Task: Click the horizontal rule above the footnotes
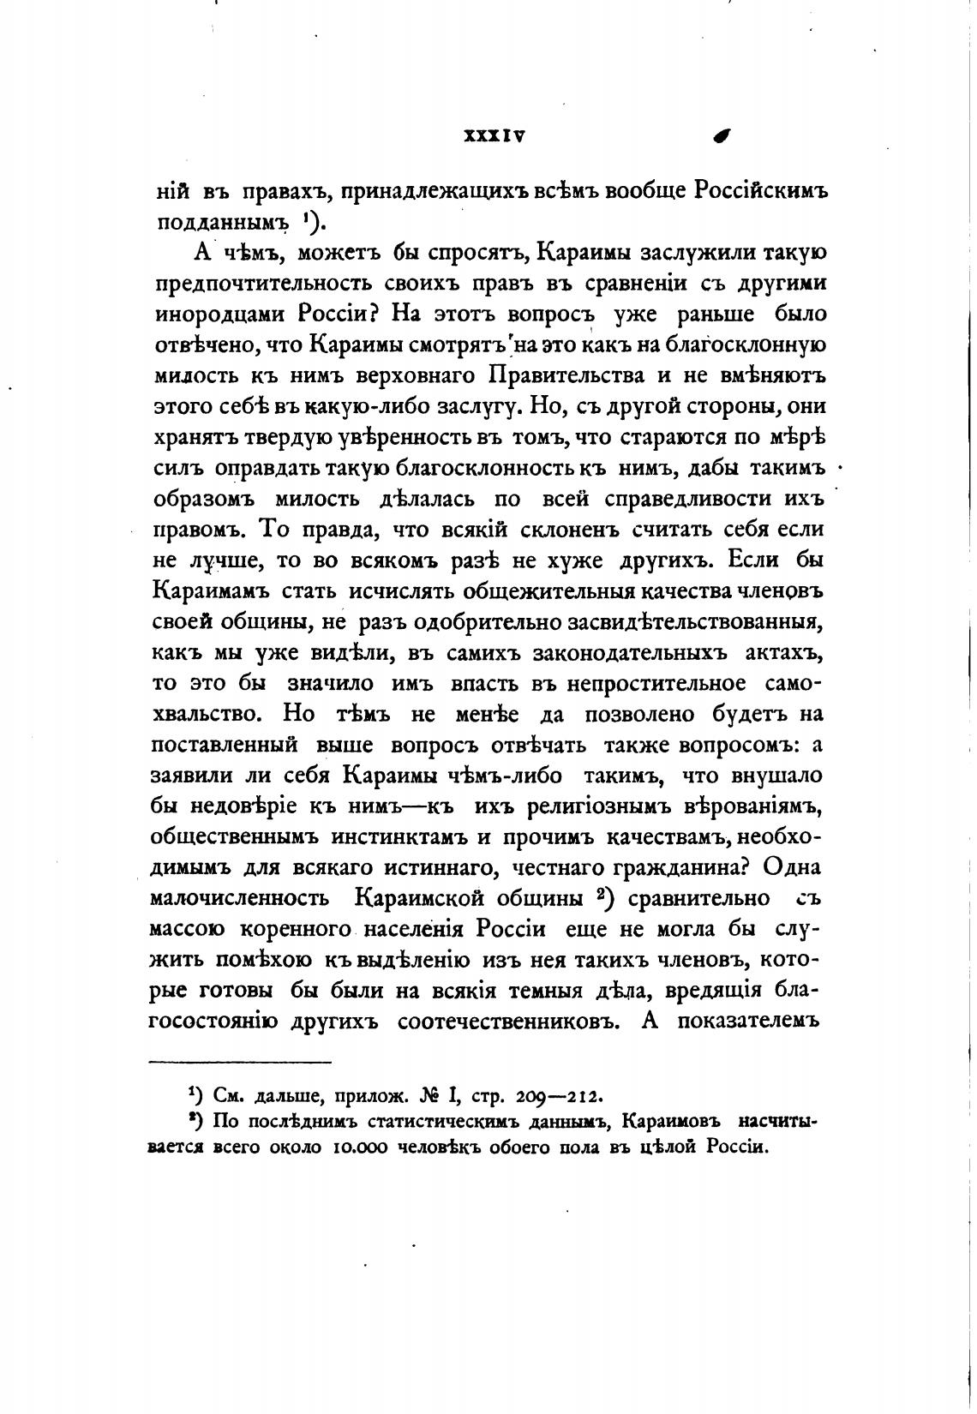click(x=241, y=1062)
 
